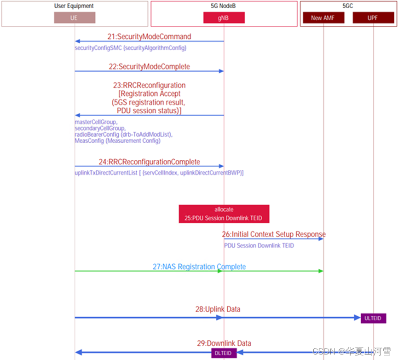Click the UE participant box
point(75,18)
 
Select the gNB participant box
point(224,18)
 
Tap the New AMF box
point(323,18)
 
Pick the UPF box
point(373,18)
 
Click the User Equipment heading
point(75,6)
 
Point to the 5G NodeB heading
point(224,6)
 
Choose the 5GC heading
point(348,6)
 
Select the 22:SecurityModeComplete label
point(149,67)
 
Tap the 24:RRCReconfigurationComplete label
point(149,162)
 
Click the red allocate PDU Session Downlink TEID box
point(224,214)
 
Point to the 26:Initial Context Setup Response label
point(274,234)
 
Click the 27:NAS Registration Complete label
point(199,267)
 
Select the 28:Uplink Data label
point(218,309)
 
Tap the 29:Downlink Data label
point(224,343)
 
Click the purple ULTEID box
point(373,318)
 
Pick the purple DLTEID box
point(224,353)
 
